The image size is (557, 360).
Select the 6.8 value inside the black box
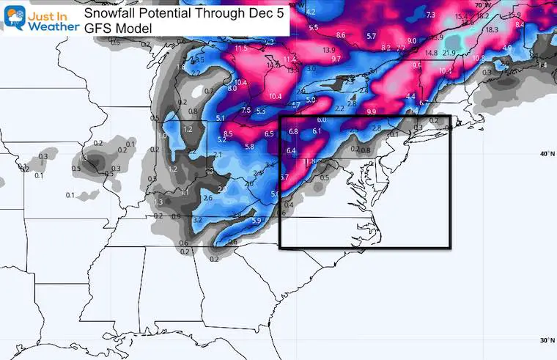(x=293, y=131)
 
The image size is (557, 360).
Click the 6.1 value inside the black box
(x=317, y=131)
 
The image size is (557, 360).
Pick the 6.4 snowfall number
(x=290, y=151)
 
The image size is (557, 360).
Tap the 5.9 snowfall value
(x=257, y=221)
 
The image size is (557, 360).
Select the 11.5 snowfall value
(x=242, y=49)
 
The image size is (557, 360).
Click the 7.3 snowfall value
(x=429, y=15)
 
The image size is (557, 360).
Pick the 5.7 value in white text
(x=371, y=36)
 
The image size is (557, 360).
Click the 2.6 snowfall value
(x=207, y=198)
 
